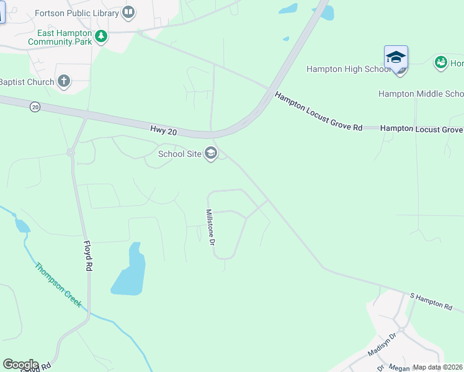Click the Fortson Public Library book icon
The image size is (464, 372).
128,12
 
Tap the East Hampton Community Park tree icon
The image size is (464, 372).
101,37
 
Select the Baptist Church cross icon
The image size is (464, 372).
63,81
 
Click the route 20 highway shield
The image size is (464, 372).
35,107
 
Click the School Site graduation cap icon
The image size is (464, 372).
211,153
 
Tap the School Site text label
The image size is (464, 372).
180,154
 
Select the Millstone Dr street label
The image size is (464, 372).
210,226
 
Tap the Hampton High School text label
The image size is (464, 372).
347,69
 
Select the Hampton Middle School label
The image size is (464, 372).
421,94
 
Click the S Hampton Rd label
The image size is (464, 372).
431,301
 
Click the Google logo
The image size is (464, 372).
20,365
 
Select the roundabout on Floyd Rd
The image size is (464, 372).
71,152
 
